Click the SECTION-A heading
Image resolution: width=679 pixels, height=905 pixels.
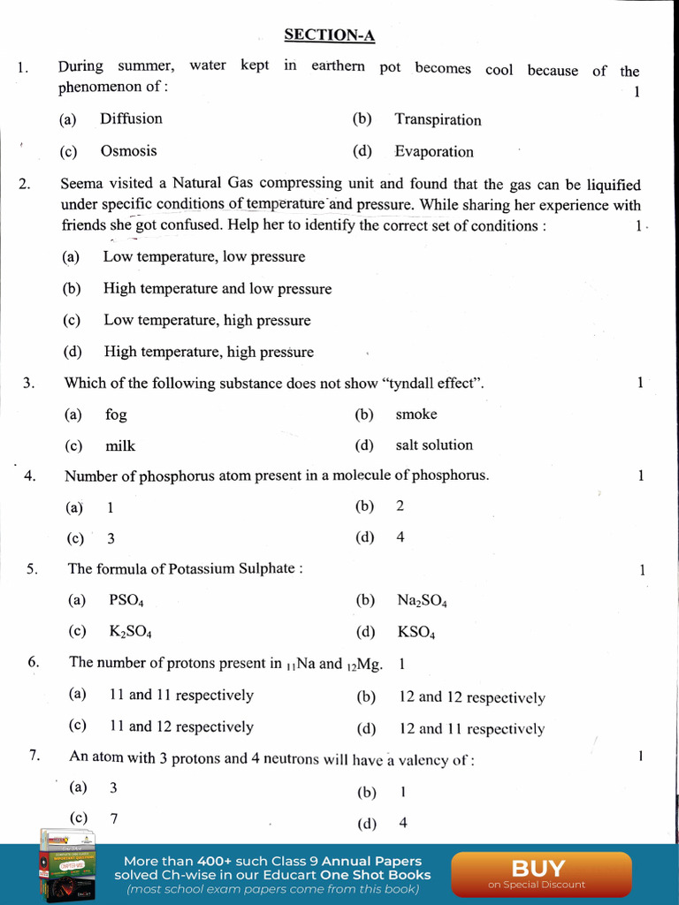329,35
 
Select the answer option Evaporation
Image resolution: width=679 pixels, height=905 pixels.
433,151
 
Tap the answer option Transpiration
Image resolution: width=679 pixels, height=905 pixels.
438,119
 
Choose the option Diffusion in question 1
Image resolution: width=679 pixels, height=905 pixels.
131,118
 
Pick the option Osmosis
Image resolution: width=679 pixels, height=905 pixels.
128,151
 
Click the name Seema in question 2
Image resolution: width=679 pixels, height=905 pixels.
80,184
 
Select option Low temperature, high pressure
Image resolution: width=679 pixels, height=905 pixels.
207,320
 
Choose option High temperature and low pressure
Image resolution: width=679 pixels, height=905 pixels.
217,288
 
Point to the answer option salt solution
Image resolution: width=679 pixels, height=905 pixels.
433,445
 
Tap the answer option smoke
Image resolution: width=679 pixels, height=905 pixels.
416,414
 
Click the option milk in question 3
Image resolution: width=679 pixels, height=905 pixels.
120,446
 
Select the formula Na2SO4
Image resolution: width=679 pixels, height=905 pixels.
422,601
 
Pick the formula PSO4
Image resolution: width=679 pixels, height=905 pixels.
126,600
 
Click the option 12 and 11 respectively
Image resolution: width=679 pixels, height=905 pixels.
471,729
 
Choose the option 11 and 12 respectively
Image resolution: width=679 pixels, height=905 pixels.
181,726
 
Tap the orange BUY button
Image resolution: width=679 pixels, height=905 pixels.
537,873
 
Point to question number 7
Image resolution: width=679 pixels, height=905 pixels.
34,755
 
